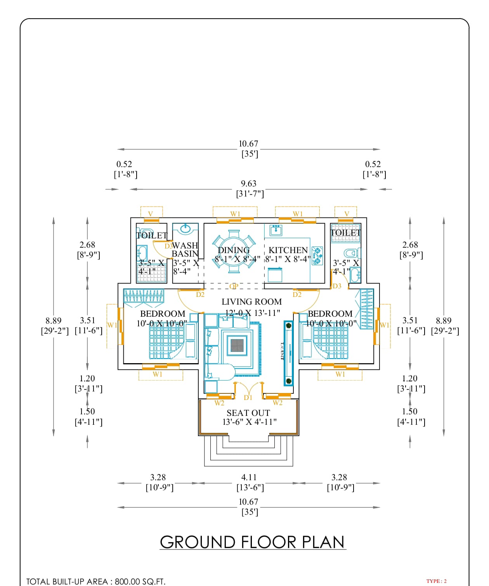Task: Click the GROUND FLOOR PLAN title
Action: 252,542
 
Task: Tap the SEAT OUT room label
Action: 248,413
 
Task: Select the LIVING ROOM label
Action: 251,302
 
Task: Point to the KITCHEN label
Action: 288,250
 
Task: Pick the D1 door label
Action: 248,398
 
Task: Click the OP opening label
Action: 234,286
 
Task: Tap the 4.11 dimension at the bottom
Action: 249,477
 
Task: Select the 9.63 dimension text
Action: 249,184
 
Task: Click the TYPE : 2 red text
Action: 436,581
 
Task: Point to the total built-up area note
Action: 96,581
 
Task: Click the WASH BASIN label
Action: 185,250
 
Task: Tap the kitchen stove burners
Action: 317,256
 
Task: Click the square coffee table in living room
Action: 237,345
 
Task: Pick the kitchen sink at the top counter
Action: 276,230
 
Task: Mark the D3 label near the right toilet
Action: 337,286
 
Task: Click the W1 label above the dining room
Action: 235,214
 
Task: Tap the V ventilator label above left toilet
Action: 151,214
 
